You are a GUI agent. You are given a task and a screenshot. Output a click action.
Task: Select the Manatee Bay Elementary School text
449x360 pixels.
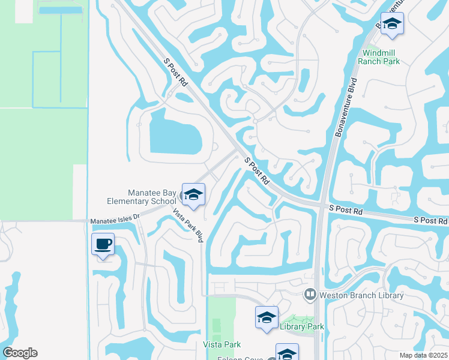click(151, 197)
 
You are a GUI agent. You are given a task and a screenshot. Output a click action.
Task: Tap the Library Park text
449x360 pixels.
click(301, 326)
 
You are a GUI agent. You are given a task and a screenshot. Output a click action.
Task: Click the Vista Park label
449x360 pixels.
click(222, 344)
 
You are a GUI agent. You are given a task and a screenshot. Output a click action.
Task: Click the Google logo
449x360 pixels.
click(20, 353)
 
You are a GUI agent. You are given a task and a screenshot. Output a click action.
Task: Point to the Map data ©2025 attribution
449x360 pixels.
click(423, 355)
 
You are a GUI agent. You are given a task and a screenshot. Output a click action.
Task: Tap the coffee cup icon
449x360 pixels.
click(103, 244)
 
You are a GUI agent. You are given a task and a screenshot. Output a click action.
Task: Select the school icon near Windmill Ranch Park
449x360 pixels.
click(392, 24)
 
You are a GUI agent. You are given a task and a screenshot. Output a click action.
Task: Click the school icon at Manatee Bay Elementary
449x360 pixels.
click(193, 194)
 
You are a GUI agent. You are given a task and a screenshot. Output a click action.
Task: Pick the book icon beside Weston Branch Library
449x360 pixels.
click(310, 294)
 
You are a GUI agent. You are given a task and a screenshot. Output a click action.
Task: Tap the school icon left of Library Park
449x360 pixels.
click(267, 317)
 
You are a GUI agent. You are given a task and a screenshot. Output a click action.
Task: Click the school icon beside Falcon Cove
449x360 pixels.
click(287, 353)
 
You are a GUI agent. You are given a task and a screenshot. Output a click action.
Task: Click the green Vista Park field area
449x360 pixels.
click(221, 318)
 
